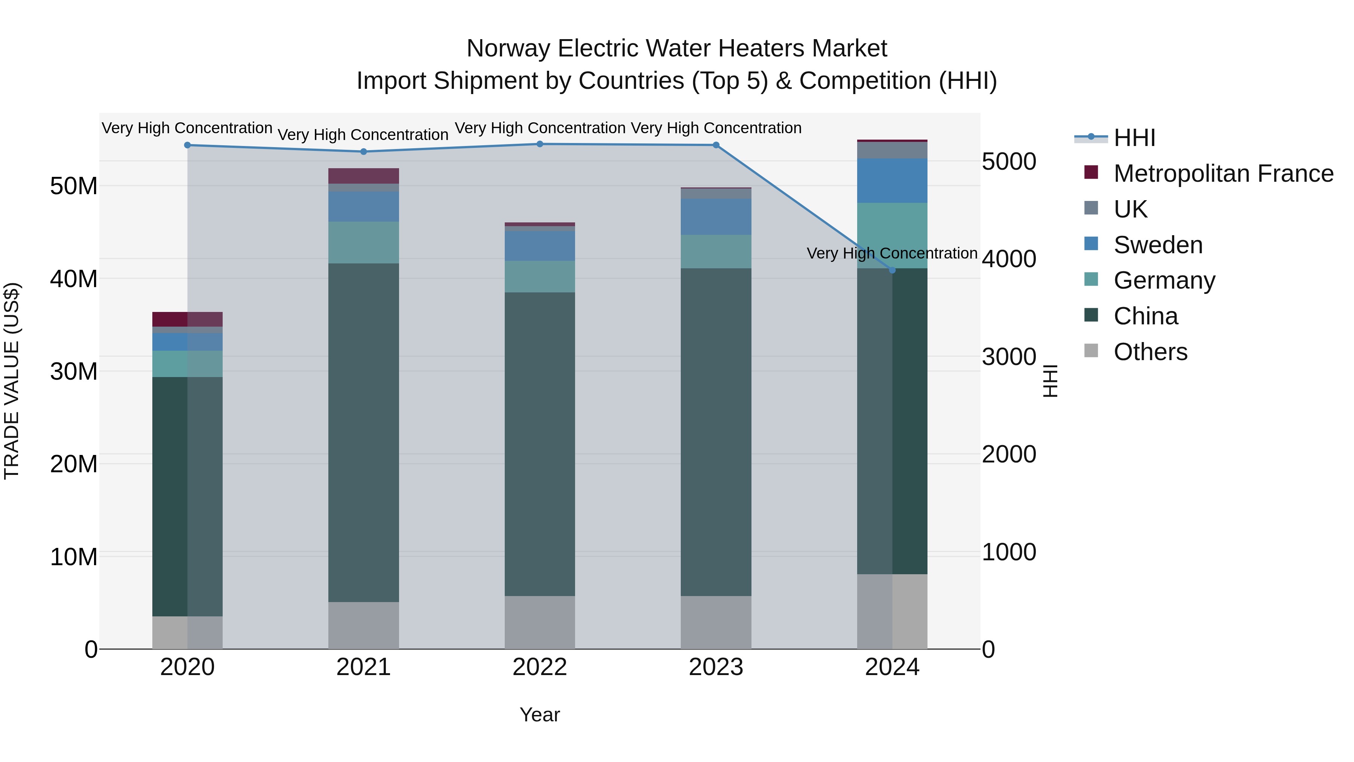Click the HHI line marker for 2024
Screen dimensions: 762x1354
(892, 270)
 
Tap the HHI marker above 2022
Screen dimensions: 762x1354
(540, 144)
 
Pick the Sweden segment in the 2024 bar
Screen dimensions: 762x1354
(892, 180)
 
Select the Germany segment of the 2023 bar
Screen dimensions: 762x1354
(716, 251)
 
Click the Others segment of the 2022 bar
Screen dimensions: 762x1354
(540, 622)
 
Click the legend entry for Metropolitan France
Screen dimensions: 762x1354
(1223, 173)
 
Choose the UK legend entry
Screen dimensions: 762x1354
(1130, 209)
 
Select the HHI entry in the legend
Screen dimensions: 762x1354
(1134, 138)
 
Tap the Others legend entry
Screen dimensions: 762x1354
(1150, 352)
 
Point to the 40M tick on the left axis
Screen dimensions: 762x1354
(74, 279)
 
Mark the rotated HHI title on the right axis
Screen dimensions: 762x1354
(1050, 381)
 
